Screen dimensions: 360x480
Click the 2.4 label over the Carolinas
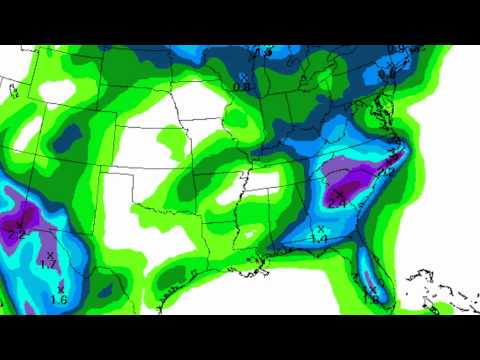(x=337, y=204)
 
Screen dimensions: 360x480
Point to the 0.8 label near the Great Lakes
(x=241, y=87)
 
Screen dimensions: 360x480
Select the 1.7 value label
(x=47, y=266)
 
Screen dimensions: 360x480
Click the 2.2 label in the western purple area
(x=15, y=235)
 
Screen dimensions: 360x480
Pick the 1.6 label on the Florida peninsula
(x=371, y=299)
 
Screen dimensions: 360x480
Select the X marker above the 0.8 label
(x=243, y=76)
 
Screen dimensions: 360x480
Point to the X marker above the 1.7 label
(x=48, y=255)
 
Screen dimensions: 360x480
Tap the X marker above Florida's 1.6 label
(x=372, y=288)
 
